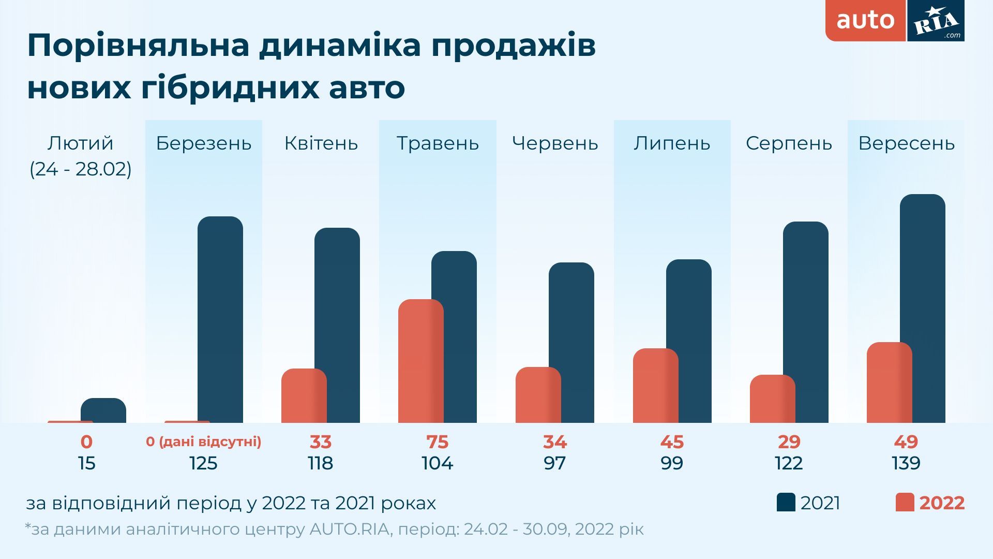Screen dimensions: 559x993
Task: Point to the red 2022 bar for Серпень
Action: (772, 399)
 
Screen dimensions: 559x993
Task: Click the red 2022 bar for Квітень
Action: (304, 396)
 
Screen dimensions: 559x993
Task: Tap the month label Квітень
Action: (321, 143)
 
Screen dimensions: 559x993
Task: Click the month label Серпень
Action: (789, 143)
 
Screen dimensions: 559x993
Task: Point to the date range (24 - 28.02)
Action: (81, 169)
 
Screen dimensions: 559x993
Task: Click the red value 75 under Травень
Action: (437, 442)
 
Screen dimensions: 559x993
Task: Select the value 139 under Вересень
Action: (906, 463)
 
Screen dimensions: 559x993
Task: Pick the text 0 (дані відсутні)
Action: (203, 442)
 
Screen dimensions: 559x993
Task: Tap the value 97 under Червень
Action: (554, 463)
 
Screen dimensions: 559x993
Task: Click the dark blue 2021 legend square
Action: (786, 503)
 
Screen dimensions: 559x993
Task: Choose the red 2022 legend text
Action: (942, 503)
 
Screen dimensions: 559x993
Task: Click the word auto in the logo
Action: (865, 21)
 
